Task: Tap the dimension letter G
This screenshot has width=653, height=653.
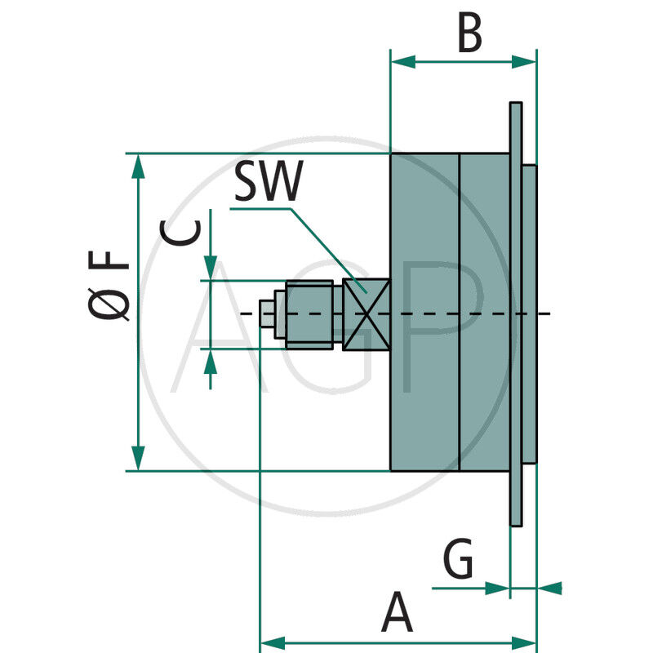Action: coord(458,561)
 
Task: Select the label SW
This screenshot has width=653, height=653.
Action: coord(268,183)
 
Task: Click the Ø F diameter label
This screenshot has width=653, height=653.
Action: coord(110,286)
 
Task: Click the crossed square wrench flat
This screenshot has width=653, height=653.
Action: coord(366,314)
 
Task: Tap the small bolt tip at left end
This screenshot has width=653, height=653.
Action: coord(266,314)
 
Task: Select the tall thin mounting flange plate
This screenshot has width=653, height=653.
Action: coord(516,314)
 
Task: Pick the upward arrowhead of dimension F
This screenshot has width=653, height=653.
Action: coord(139,167)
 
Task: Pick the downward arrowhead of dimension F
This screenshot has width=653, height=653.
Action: coord(139,457)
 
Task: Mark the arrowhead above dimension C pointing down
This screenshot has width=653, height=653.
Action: coord(211,268)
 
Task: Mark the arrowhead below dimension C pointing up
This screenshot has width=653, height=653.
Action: coord(211,361)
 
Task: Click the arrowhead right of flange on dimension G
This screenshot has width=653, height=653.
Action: coord(549,587)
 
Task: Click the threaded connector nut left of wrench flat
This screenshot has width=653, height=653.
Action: coord(310,314)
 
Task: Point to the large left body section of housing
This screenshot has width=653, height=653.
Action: coord(424,314)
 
